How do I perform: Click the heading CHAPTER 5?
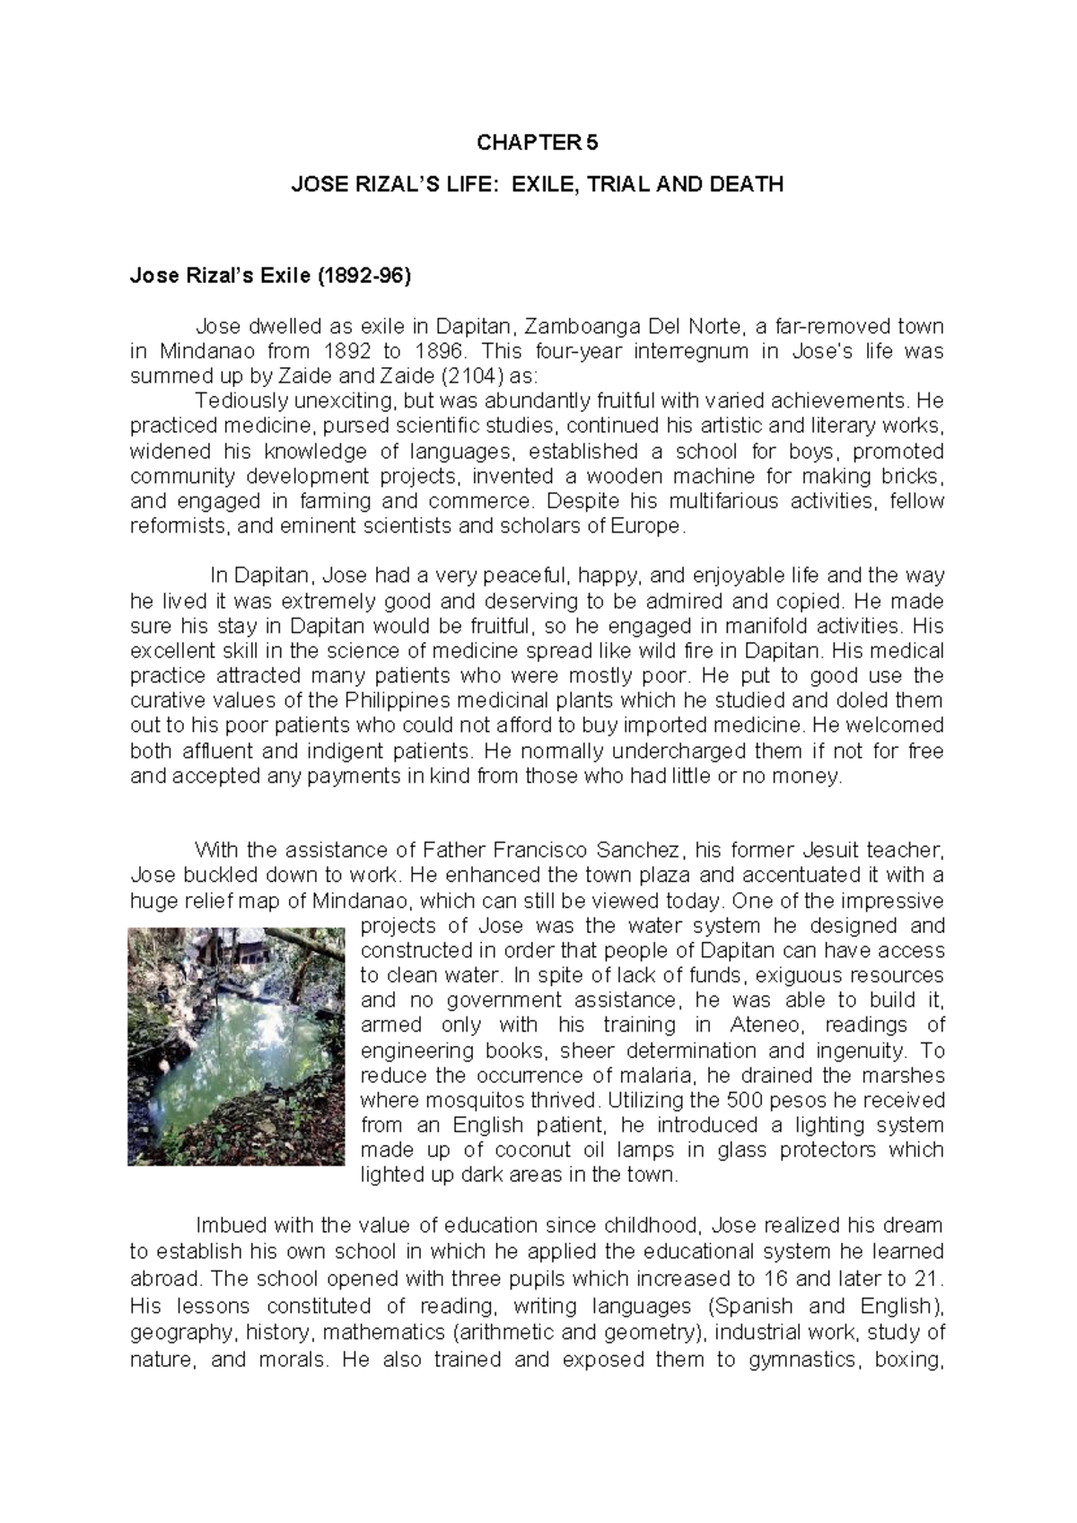point(537,144)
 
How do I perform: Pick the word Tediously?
point(236,401)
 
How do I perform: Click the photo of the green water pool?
point(236,1046)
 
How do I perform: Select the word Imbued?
point(231,1226)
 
